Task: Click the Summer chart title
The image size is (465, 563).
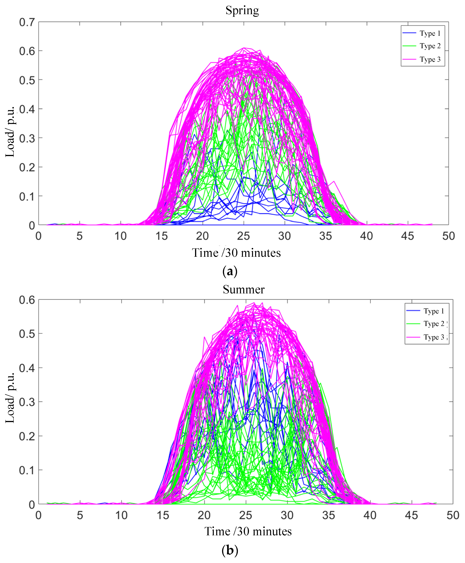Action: tap(243, 289)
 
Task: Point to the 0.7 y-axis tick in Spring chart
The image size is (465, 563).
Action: tap(27, 22)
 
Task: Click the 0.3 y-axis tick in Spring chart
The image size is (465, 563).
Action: tap(27, 138)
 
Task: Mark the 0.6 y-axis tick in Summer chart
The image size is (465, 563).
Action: tap(27, 300)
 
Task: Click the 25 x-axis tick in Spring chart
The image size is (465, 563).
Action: tap(243, 236)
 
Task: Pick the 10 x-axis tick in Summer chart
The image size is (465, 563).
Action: tap(121, 515)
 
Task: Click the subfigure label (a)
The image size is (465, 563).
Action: tap(230, 271)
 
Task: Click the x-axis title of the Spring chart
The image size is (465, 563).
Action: tap(236, 253)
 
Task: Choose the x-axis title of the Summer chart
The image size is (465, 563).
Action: tap(248, 531)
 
